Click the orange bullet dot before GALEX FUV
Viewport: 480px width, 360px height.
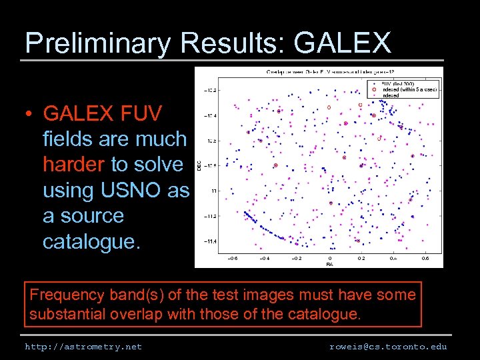pos(31,114)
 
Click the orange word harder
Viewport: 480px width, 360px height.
pos(73,164)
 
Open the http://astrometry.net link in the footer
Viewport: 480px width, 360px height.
pos(83,347)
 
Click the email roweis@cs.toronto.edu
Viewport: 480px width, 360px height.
pos(388,347)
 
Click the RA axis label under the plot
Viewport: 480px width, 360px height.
pos(329,264)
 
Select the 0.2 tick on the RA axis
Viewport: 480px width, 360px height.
pos(361,258)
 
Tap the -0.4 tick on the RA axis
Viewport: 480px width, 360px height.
pos(265,258)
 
